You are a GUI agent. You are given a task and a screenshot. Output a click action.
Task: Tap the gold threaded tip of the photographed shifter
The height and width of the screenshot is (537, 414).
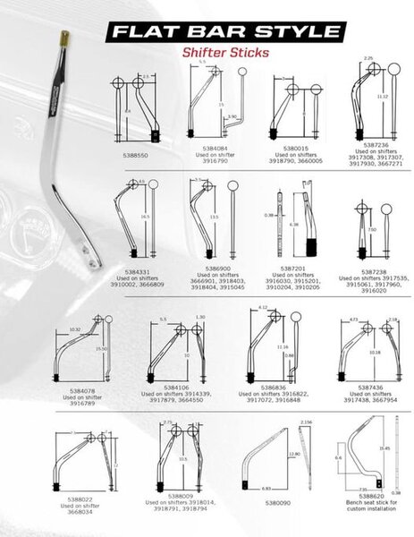click(65, 38)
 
